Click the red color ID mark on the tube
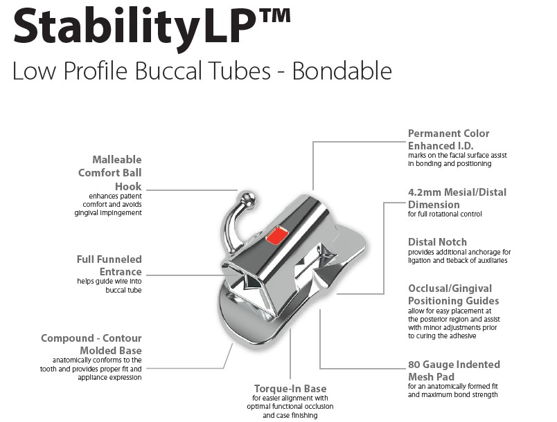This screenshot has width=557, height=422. click(276, 235)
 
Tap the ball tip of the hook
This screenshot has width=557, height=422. click(247, 199)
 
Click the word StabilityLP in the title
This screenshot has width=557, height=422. click(136, 26)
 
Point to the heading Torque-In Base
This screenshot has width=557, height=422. click(290, 388)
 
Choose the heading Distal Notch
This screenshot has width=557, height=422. click(437, 242)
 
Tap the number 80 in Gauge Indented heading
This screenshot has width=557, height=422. click(414, 365)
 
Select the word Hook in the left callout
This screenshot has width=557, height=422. click(128, 187)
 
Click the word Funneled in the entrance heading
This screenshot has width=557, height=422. click(120, 259)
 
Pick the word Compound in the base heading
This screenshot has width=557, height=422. click(67, 338)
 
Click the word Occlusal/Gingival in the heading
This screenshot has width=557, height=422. click(450, 288)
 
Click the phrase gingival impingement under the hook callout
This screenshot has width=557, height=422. click(108, 213)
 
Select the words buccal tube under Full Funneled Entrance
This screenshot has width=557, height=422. click(123, 290)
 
